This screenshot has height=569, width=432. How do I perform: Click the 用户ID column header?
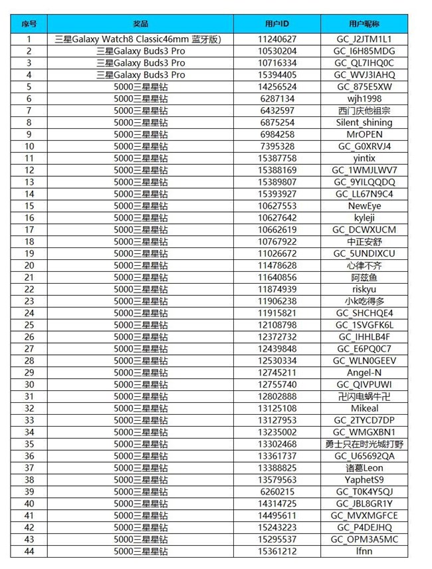point(277,24)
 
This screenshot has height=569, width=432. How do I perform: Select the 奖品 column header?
point(140,24)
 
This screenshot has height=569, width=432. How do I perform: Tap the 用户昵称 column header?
point(364,24)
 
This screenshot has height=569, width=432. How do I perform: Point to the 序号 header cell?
point(29,24)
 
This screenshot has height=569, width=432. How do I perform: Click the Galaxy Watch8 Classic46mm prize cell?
point(140,39)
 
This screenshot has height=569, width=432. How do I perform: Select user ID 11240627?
point(277,39)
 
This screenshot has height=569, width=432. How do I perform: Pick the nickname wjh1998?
point(364,98)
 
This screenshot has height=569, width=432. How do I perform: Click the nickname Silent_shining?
point(364,122)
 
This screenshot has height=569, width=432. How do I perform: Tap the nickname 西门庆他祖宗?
point(364,110)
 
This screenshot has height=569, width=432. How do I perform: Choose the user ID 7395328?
point(277,146)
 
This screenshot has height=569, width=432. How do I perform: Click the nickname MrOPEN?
point(364,134)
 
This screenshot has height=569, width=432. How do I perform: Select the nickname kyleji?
point(364,217)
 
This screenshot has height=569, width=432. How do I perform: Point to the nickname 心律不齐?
point(364,265)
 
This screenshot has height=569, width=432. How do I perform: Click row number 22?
point(29,289)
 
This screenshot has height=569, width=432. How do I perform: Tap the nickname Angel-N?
point(364,372)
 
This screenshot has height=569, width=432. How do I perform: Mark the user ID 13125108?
point(277,408)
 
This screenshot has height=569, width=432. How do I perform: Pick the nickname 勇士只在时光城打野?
point(364,444)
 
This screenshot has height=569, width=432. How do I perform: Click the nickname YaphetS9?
point(364,480)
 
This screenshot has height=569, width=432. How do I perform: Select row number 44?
point(29,551)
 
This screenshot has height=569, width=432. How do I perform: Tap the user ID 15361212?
point(277,551)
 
